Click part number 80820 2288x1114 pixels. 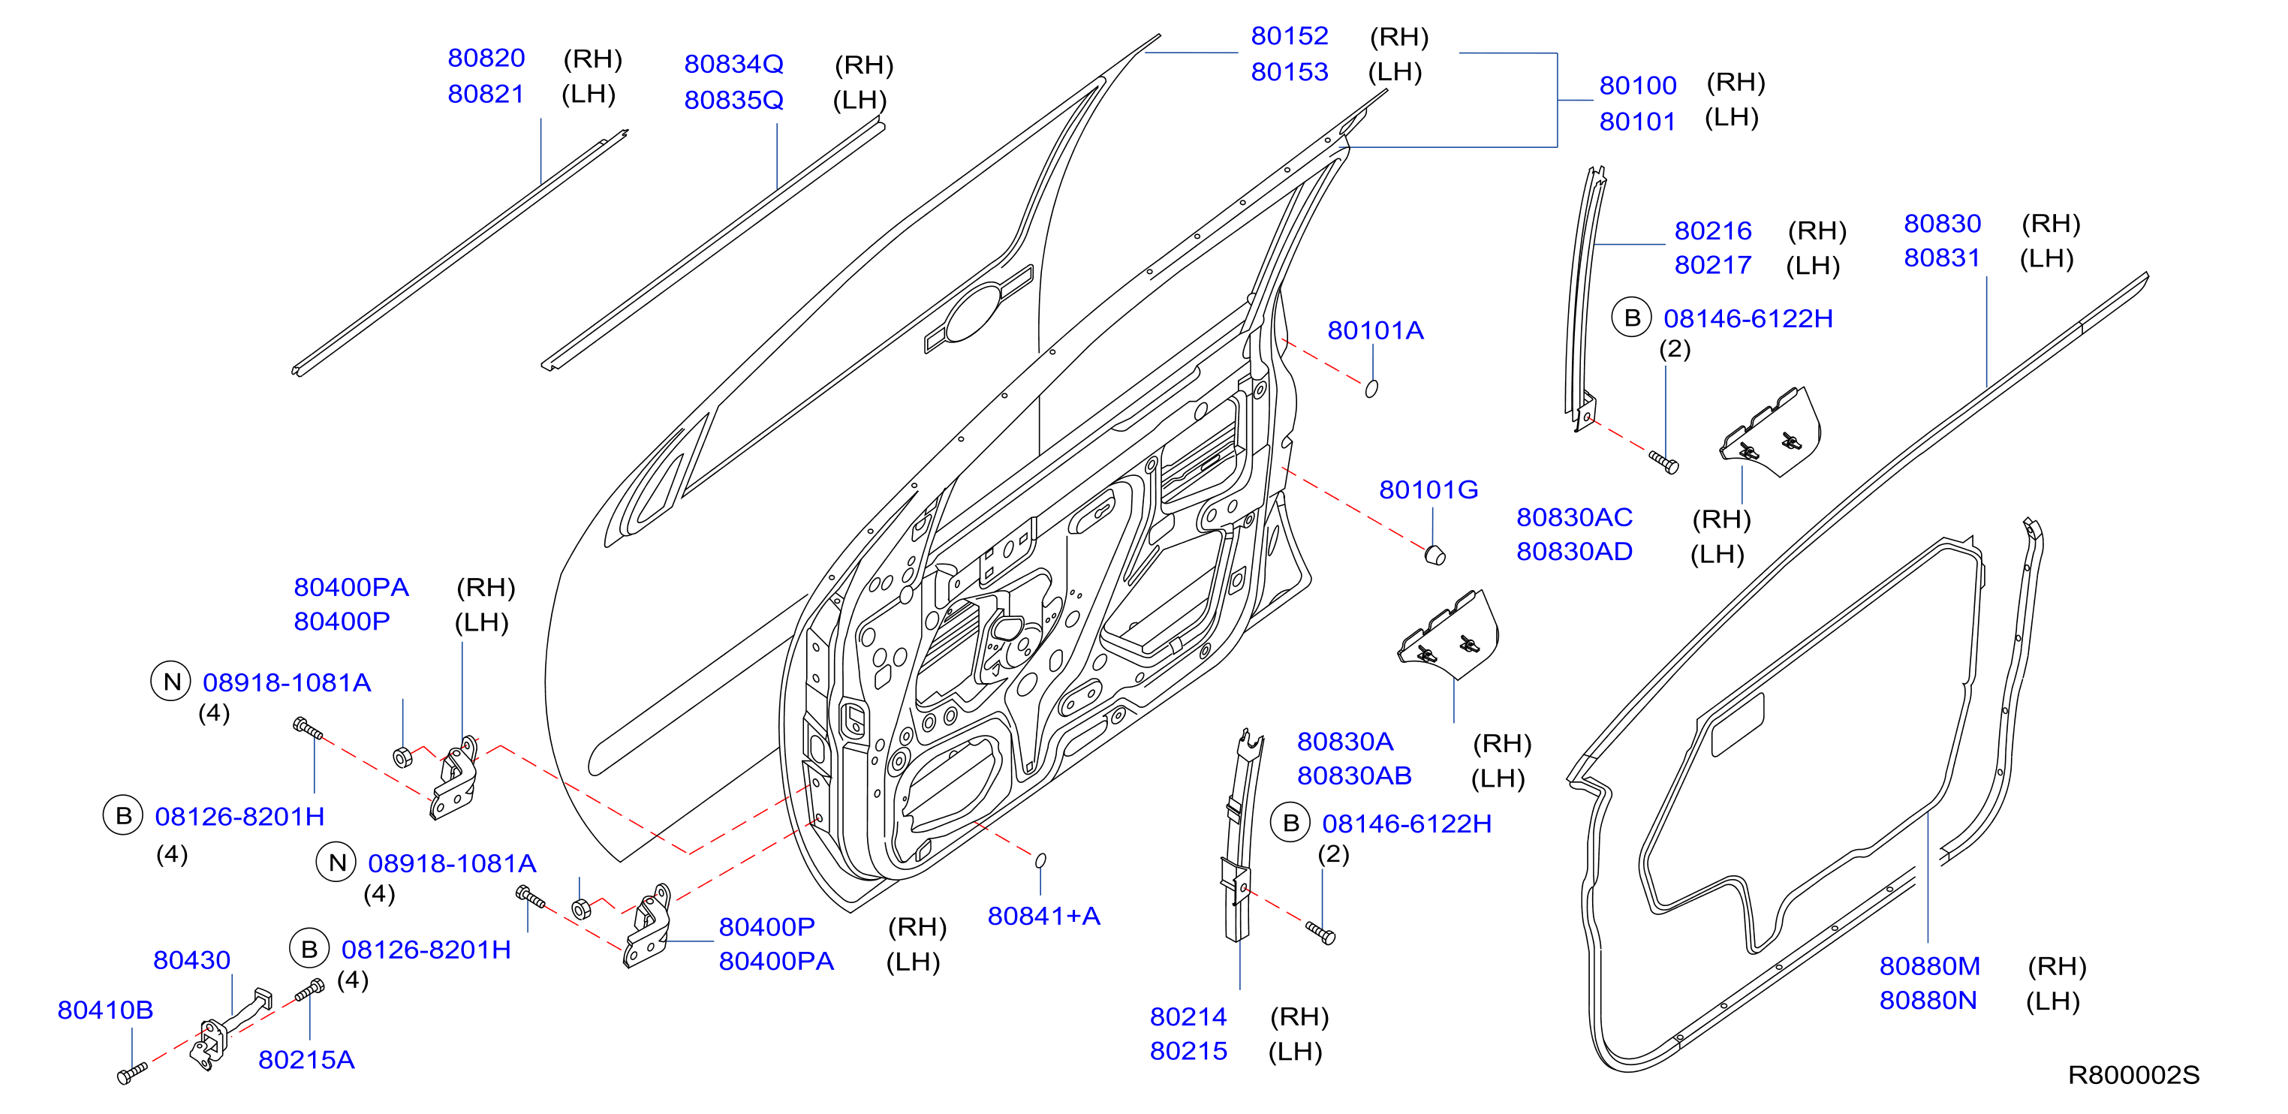coord(486,58)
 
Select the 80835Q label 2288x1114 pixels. coord(733,100)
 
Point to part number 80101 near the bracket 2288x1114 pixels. coord(1637,121)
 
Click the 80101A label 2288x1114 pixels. coord(1375,330)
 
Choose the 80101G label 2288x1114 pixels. coord(1428,489)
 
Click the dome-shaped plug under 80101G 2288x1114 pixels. coord(1435,555)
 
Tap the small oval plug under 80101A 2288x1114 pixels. coord(1371,388)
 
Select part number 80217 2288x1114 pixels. coord(1712,265)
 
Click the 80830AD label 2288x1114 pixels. coord(1574,552)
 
